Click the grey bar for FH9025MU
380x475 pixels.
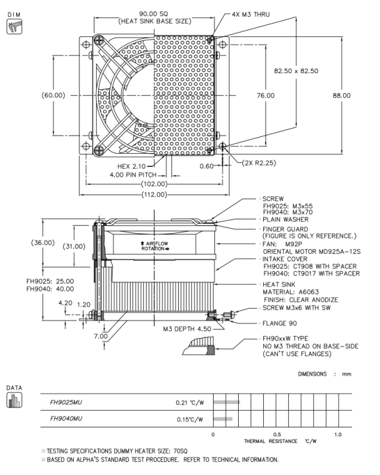pos(226,404)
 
